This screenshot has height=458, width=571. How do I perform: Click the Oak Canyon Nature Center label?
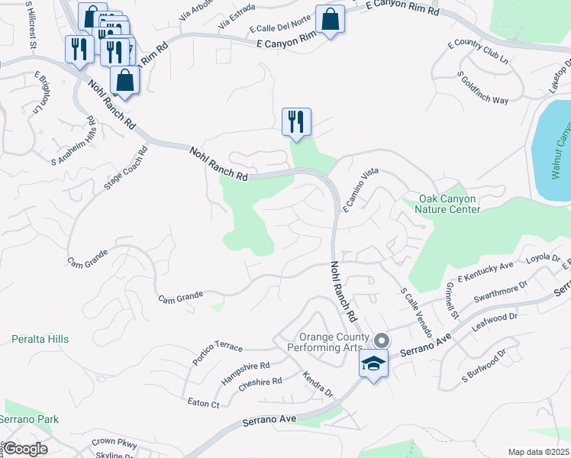[x=449, y=205]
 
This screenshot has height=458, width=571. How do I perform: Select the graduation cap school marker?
[x=373, y=365]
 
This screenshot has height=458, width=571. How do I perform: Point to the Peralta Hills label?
[x=40, y=339]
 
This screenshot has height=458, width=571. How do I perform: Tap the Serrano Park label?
[x=28, y=419]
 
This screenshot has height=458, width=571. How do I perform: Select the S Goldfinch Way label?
[x=482, y=88]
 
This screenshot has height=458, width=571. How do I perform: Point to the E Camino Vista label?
[x=360, y=189]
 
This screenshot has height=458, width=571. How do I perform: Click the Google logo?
[x=25, y=449]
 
